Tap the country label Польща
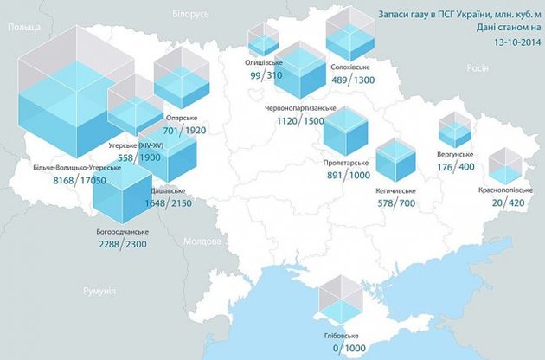[22, 29]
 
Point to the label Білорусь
[190, 16]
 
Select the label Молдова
[204, 241]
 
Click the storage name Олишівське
[263, 63]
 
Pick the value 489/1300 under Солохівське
[352, 80]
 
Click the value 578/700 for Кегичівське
[397, 203]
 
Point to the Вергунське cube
[455, 130]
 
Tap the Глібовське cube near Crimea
[338, 299]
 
